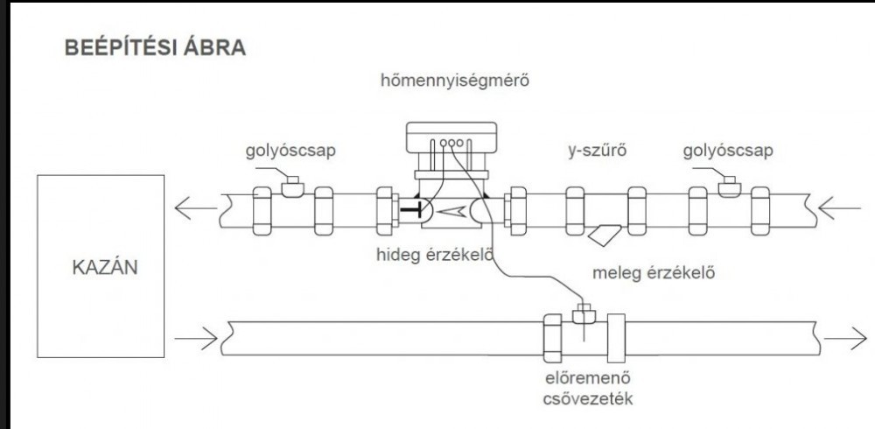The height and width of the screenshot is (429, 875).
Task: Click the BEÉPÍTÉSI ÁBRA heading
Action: pyautogui.click(x=155, y=48)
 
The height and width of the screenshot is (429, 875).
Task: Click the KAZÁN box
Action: pyautogui.click(x=101, y=265)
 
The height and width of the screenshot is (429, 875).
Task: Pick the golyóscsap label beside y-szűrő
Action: pyautogui.click(x=728, y=151)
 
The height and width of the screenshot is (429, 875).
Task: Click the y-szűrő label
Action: pyautogui.click(x=598, y=151)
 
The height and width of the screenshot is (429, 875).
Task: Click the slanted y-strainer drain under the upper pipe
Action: pyautogui.click(x=605, y=235)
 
